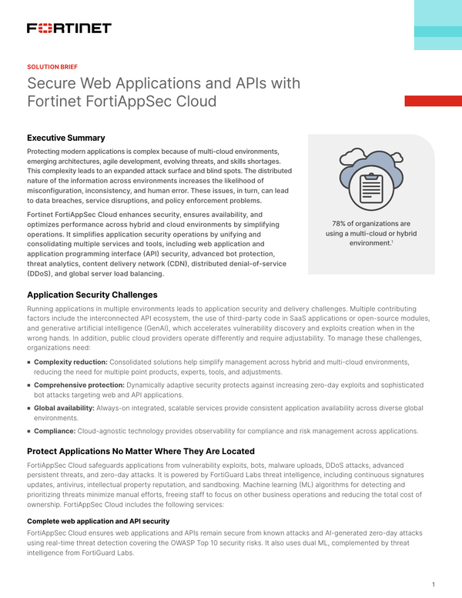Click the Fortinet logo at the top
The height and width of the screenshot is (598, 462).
(69, 28)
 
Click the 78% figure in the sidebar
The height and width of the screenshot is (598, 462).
(339, 224)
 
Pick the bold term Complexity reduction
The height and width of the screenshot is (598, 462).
(71, 362)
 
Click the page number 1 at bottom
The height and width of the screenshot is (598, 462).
(434, 584)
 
